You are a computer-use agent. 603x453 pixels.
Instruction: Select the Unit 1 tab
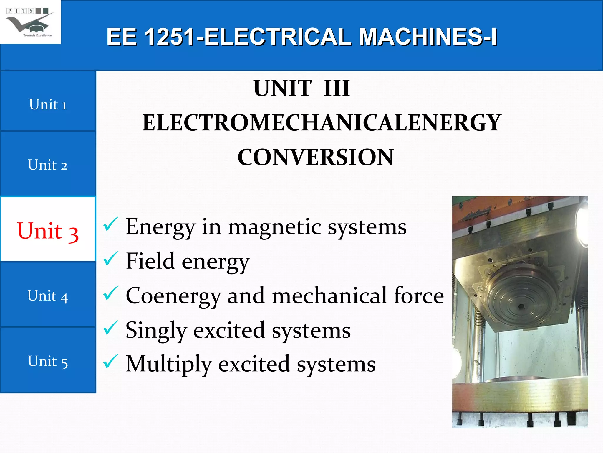pyautogui.click(x=48, y=104)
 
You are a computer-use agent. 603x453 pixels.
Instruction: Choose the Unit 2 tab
pyautogui.click(x=48, y=165)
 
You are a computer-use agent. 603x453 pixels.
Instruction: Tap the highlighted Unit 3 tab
pyautogui.click(x=48, y=231)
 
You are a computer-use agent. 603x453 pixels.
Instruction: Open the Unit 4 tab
pyautogui.click(x=48, y=296)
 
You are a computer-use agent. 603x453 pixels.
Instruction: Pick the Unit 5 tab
pyautogui.click(x=48, y=361)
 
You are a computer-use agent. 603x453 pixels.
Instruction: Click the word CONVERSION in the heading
pyautogui.click(x=315, y=157)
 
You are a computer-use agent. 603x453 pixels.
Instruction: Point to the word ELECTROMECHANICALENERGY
pyautogui.click(x=322, y=123)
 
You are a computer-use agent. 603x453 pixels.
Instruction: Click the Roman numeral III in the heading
pyautogui.click(x=337, y=88)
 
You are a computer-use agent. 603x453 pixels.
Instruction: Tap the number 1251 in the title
pyautogui.click(x=169, y=37)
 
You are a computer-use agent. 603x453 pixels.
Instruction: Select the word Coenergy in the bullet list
pyautogui.click(x=173, y=296)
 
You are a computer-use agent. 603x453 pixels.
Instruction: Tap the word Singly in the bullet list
pyautogui.click(x=156, y=330)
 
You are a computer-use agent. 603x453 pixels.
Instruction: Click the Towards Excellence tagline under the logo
pyautogui.click(x=37, y=35)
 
